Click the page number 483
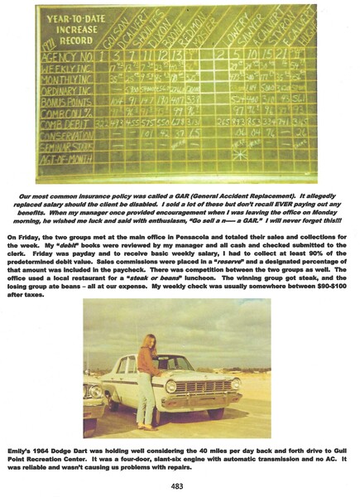(180, 485)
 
